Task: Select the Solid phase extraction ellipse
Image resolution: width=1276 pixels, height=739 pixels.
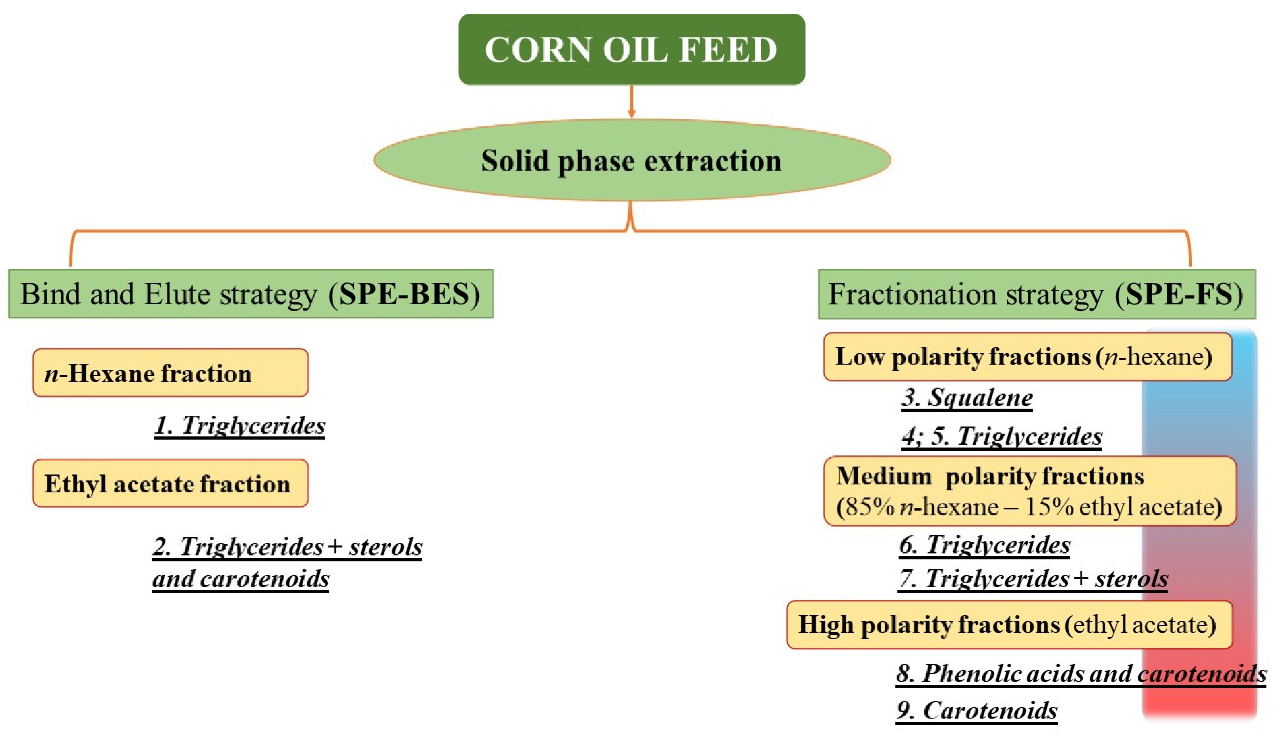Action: point(632,161)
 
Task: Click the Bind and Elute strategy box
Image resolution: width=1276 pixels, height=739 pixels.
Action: point(251,294)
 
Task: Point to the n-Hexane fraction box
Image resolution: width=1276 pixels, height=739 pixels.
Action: point(170,373)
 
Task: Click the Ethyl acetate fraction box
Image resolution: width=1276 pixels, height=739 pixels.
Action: point(170,483)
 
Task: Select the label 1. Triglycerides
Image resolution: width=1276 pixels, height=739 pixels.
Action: point(239,425)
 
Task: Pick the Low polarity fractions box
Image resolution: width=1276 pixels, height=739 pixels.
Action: point(1027,356)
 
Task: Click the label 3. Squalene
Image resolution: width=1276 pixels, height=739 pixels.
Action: point(967,397)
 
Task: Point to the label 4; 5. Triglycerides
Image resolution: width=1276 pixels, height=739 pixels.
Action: point(1002,436)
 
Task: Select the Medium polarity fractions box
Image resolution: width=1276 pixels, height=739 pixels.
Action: point(1029,491)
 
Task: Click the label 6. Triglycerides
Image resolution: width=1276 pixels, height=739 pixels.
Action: point(984,545)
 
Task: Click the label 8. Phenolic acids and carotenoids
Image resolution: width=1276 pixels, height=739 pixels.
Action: point(1081,673)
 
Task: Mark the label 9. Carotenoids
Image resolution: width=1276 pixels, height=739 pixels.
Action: point(977,710)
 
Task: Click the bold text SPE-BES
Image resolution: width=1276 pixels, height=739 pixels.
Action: point(403,294)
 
